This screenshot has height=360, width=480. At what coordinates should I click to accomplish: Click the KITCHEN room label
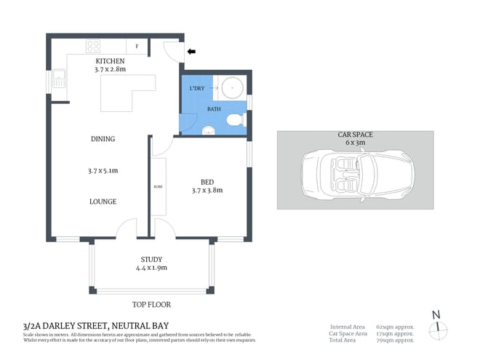click(x=110, y=61)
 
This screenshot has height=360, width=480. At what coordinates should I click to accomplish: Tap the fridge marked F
click(x=137, y=46)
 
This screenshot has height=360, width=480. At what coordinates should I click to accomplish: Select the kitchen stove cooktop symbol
click(x=93, y=46)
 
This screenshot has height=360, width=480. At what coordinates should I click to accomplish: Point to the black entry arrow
click(x=192, y=52)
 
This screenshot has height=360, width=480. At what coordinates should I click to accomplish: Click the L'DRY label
click(x=196, y=89)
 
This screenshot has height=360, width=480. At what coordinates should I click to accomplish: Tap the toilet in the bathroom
click(x=235, y=121)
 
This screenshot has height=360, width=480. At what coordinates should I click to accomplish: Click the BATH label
click(x=214, y=109)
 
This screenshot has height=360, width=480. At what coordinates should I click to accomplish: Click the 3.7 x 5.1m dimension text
click(x=103, y=171)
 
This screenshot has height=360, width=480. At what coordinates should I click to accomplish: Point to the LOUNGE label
click(x=103, y=201)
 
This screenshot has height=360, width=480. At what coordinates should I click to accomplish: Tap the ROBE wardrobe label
click(x=158, y=187)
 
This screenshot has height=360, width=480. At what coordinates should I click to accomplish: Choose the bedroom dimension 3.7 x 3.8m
click(x=207, y=191)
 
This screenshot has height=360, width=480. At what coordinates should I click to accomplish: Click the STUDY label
click(x=151, y=259)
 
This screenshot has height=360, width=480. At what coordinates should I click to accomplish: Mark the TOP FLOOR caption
click(x=151, y=305)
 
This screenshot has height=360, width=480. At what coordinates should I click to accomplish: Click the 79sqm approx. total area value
click(x=395, y=340)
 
